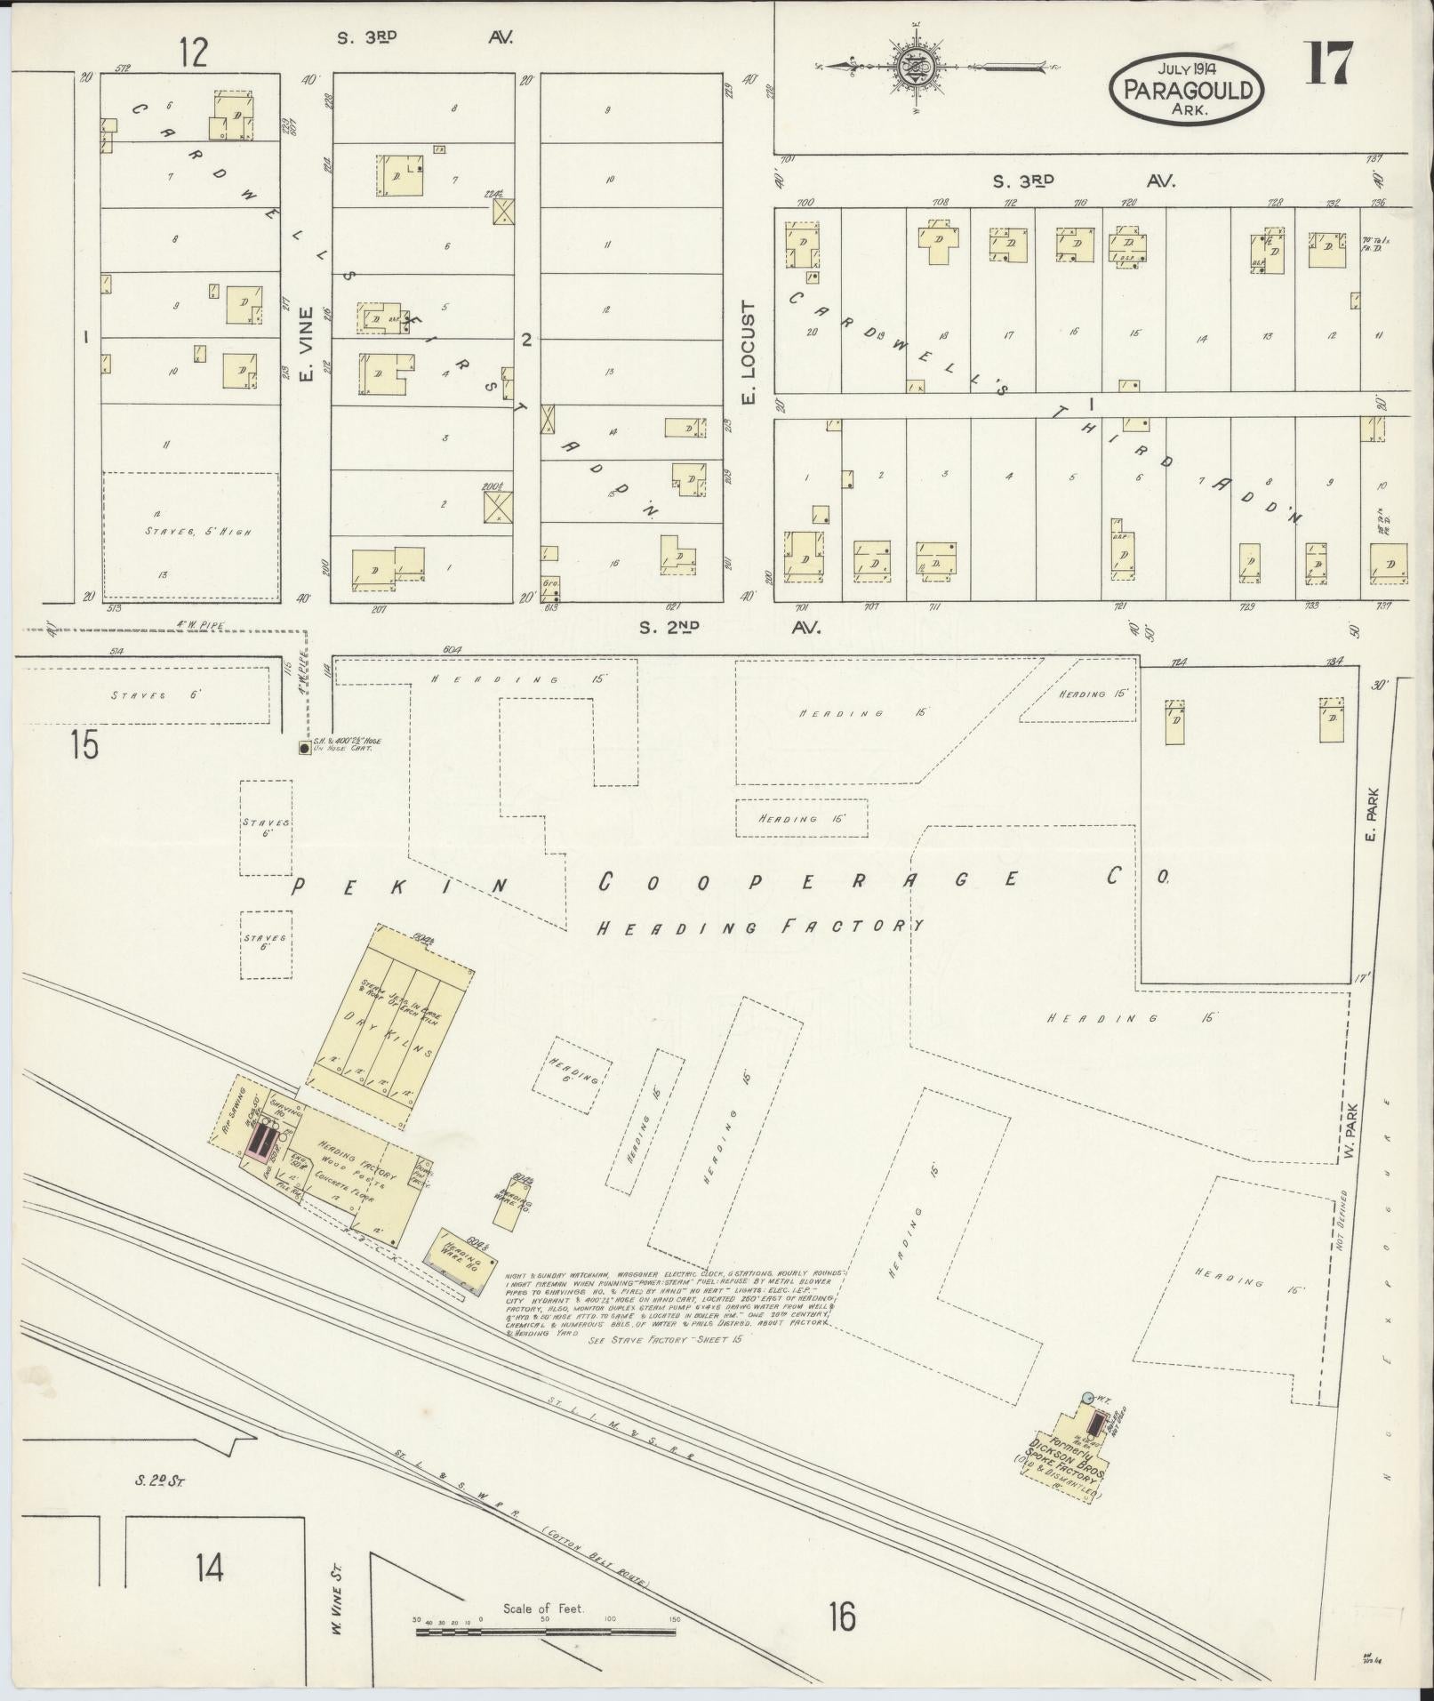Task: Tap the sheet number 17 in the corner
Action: pos(1328,64)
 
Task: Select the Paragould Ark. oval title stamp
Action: pos(1186,89)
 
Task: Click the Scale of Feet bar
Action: pos(544,1631)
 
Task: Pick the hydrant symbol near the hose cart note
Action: pos(305,749)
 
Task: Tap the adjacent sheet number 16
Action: pos(841,1616)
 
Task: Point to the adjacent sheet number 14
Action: pos(210,1568)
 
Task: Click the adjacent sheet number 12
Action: pos(192,52)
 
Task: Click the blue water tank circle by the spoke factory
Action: pos(1087,1398)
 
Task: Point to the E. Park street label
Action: pos(1373,814)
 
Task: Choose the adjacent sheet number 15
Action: pos(85,743)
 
